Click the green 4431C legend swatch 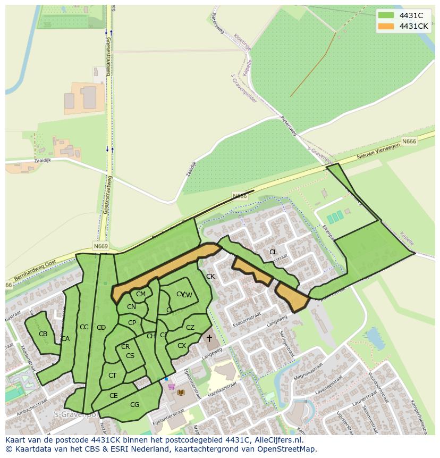pos(386,15)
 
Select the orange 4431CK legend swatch pos(386,26)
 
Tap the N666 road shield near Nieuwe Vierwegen pos(409,141)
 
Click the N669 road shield pos(100,246)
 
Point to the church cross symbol pos(209,338)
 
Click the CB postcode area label pos(43,334)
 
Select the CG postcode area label pos(134,405)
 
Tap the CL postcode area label pos(273,252)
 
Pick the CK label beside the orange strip pos(210,277)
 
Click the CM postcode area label pos(141,294)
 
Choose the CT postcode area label pos(112,376)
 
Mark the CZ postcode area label pos(190,328)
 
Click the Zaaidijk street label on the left pos(41,160)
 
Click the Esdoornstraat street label pos(244,322)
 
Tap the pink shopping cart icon pos(171,387)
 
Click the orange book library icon pos(181,393)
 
